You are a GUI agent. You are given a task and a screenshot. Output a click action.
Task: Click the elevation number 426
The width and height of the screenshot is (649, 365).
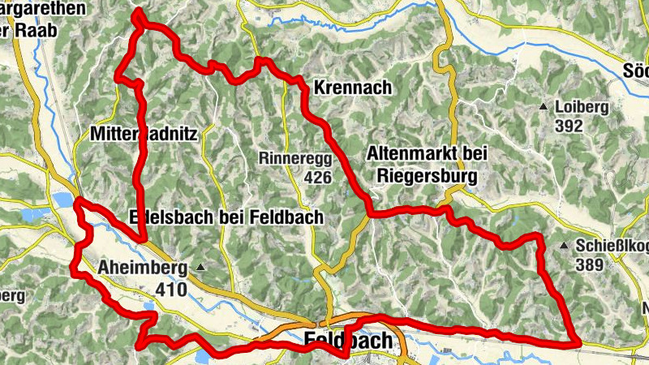click(x=317, y=177)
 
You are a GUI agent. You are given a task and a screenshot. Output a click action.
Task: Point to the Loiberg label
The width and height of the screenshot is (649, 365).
click(x=581, y=106)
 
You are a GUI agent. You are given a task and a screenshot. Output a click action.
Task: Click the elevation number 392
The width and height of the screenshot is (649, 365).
click(x=569, y=126)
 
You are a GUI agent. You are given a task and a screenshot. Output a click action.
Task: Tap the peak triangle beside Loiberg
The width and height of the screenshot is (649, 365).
click(x=543, y=106)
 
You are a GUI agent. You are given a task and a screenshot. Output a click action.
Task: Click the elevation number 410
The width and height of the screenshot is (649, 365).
click(x=171, y=290)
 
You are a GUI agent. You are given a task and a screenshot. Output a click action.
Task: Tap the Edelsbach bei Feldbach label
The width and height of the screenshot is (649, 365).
click(x=226, y=217)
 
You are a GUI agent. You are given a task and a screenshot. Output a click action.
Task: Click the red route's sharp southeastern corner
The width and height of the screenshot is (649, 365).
click(x=579, y=342)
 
